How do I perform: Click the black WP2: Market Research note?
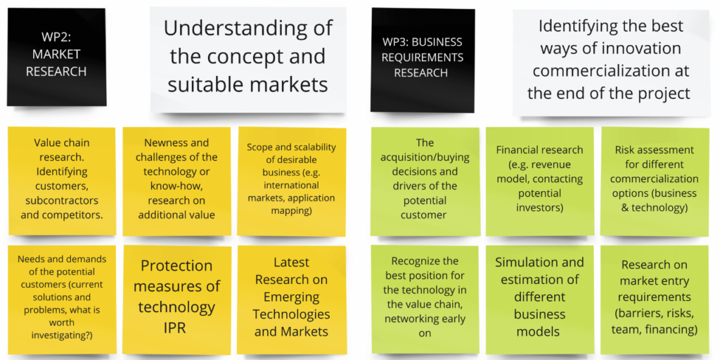(56, 57)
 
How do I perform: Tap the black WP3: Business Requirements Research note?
(423, 60)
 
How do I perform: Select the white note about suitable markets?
(248, 59)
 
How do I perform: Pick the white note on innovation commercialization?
(611, 62)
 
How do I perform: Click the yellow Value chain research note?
(62, 181)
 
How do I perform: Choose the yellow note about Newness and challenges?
(176, 181)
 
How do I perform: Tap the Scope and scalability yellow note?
(292, 181)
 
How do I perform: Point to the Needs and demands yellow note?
(62, 300)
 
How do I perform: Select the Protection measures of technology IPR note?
(176, 300)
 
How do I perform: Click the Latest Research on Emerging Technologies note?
(292, 300)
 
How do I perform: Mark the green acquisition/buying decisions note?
(425, 181)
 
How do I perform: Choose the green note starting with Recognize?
(425, 300)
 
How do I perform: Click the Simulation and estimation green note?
(539, 300)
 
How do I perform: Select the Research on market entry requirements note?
(655, 300)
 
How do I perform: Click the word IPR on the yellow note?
(176, 328)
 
